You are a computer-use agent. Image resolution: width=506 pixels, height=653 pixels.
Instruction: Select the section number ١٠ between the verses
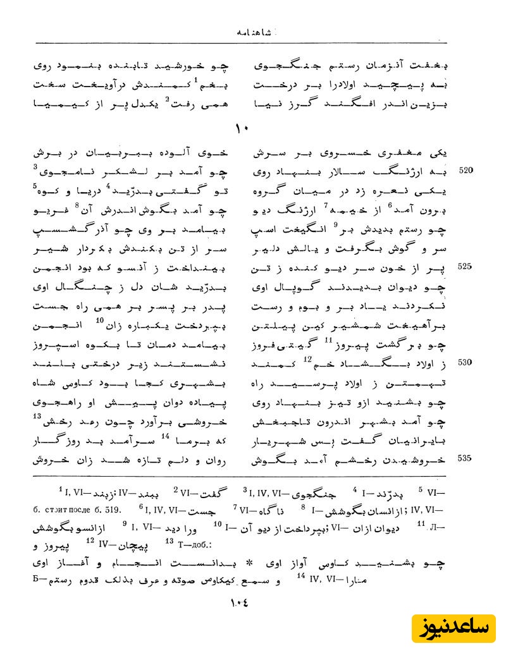242,128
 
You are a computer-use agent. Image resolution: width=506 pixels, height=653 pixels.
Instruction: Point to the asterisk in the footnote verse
249,561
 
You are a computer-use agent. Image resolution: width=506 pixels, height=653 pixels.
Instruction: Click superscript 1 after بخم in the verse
197,79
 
